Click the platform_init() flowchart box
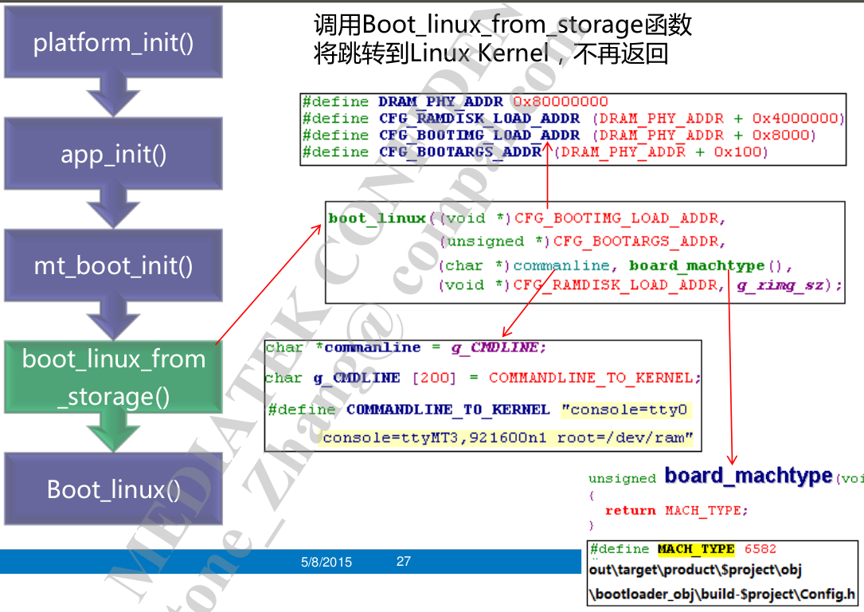point(113,42)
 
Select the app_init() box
point(113,154)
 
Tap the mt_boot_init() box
point(113,265)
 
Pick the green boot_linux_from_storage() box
point(113,378)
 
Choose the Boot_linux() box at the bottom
point(113,489)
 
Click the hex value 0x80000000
point(560,102)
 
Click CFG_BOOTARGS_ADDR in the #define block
point(460,152)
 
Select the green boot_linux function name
point(377,218)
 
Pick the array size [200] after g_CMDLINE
point(435,378)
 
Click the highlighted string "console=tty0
point(624,410)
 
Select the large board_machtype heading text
point(749,477)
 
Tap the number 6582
point(760,549)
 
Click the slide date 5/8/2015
point(326,562)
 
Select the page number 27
point(404,562)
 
